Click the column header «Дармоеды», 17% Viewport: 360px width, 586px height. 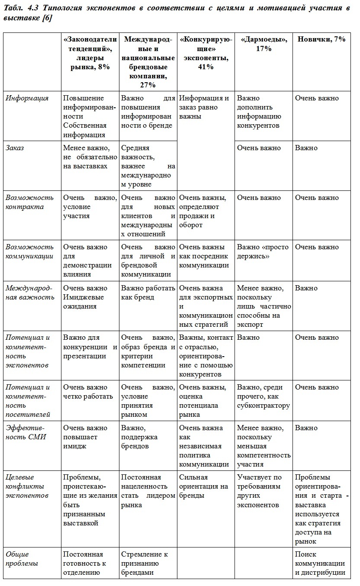[264, 44]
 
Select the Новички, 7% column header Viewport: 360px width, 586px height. [321, 39]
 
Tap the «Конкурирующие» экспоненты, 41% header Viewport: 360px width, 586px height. [206, 53]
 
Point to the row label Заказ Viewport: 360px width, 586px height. [15, 148]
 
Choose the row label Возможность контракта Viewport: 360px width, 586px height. [29, 202]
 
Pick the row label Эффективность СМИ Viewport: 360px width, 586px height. [26, 432]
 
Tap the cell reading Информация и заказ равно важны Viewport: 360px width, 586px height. [204, 107]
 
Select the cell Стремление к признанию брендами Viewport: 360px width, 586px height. [145, 563]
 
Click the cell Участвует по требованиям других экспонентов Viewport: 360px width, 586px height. [259, 491]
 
